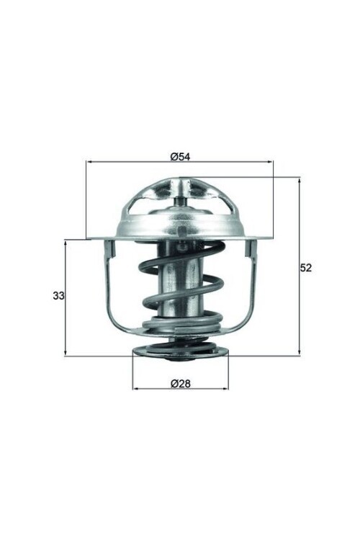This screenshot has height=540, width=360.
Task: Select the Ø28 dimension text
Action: click(x=180, y=383)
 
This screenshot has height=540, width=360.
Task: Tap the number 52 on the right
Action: click(x=305, y=267)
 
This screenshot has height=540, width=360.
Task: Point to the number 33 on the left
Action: click(x=58, y=296)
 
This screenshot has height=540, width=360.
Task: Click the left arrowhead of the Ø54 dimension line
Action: click(x=89, y=163)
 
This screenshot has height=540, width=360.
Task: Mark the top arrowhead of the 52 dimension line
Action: click(x=299, y=180)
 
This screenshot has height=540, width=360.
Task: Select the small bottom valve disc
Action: click(x=180, y=352)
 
